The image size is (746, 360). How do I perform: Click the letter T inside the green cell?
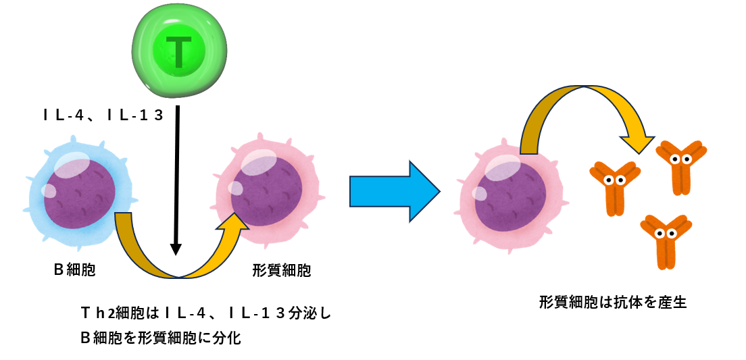click(x=178, y=52)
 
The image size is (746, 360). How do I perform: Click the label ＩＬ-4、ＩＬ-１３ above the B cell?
click(x=103, y=115)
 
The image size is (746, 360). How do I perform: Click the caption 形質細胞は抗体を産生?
click(x=613, y=302)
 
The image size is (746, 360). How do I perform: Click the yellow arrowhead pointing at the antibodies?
click(x=637, y=140)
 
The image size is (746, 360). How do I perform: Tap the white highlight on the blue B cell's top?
click(x=72, y=165)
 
